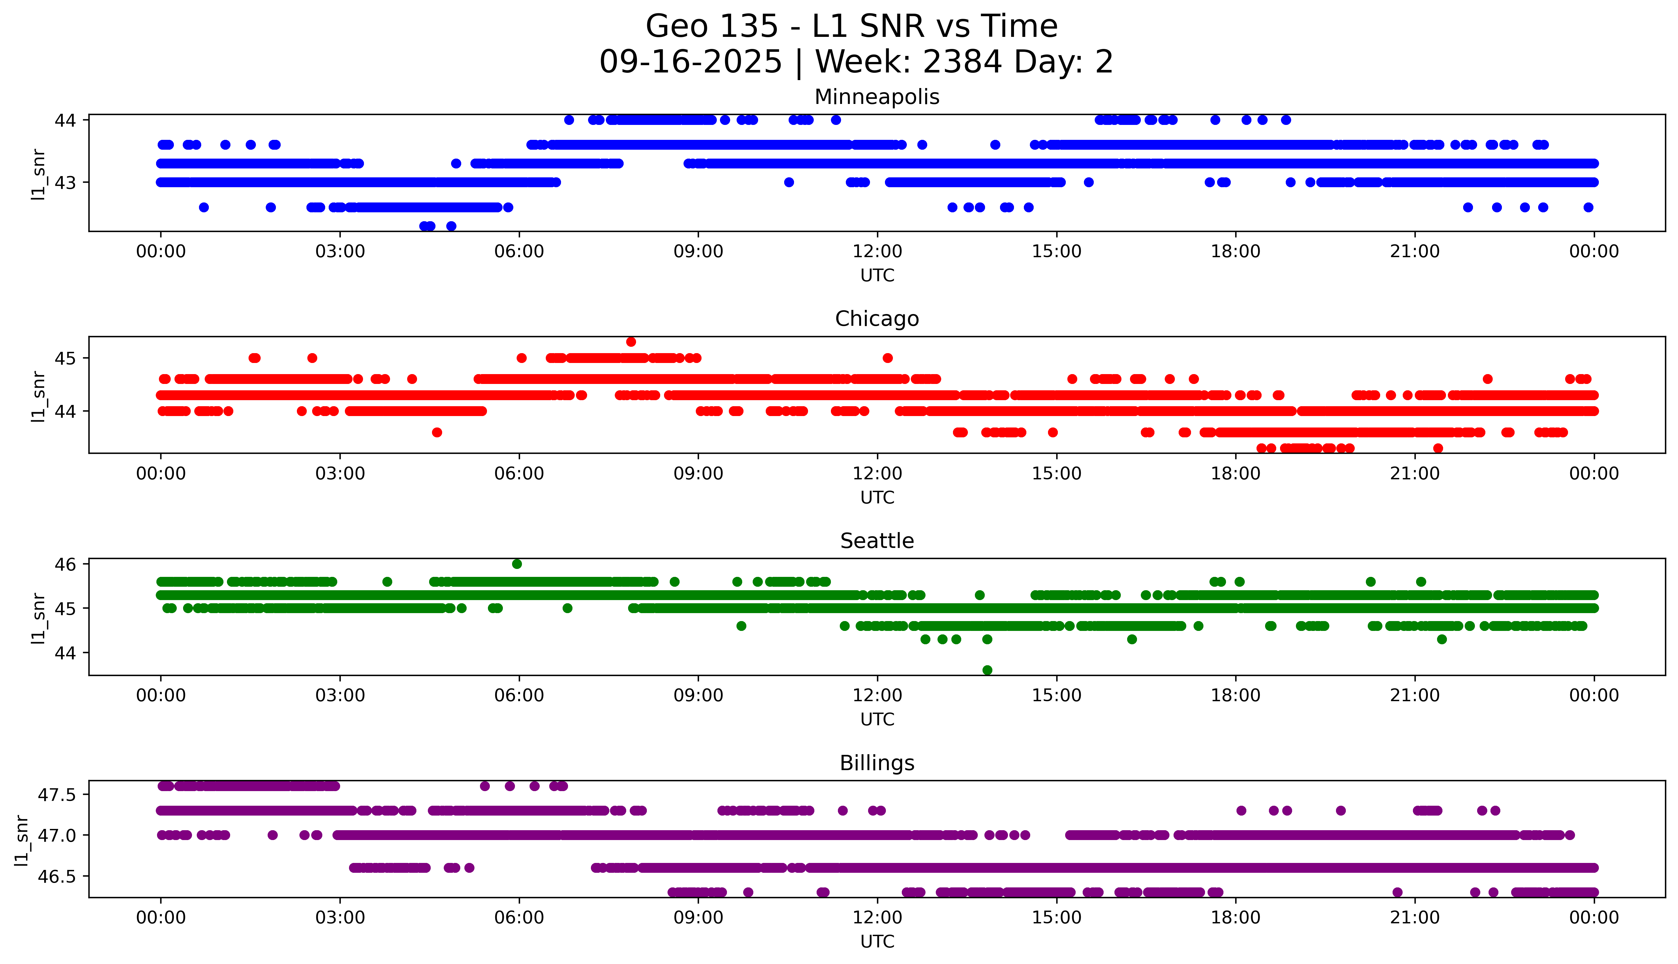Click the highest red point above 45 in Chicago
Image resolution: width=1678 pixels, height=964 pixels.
pyautogui.click(x=631, y=342)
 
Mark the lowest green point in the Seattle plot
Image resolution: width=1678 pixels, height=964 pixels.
pyautogui.click(x=987, y=670)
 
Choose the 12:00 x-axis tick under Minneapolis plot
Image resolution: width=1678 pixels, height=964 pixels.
pyautogui.click(x=877, y=252)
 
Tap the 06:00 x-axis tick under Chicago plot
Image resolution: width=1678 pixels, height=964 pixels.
pyautogui.click(x=519, y=473)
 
